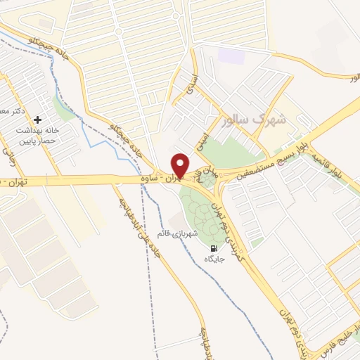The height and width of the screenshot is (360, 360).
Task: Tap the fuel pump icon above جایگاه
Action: pyautogui.click(x=212, y=248)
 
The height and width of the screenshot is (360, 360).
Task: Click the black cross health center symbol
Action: pyautogui.click(x=38, y=120)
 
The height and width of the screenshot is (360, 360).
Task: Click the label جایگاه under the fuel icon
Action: pyautogui.click(x=213, y=259)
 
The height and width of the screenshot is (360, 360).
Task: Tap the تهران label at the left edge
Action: pyautogui.click(x=12, y=183)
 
